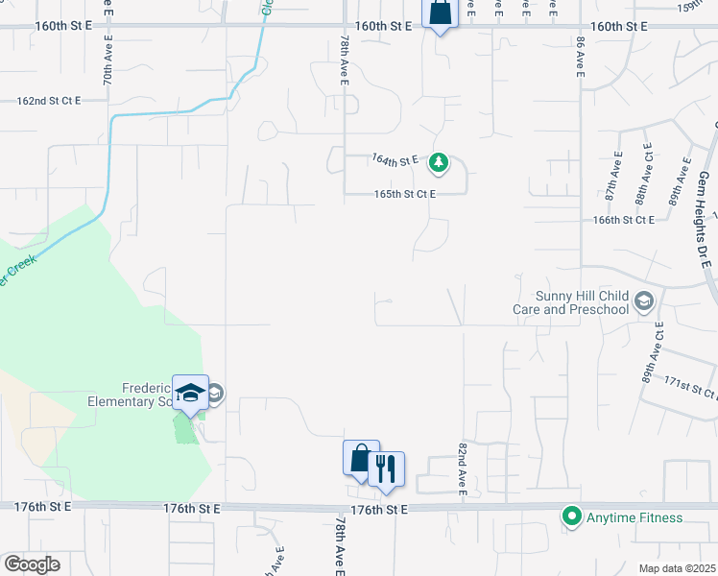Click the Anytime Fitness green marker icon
tap(572, 517)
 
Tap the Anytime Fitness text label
tap(634, 517)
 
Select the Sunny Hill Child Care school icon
tap(644, 302)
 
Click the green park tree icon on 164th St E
tap(439, 162)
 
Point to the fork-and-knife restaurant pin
tap(386, 469)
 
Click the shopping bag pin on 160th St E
tap(440, 13)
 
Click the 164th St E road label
tap(395, 160)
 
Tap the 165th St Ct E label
tap(405, 194)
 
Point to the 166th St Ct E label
tap(623, 220)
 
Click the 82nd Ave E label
tap(462, 471)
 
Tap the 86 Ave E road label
tap(580, 57)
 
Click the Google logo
tap(32, 564)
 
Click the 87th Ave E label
tap(612, 180)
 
